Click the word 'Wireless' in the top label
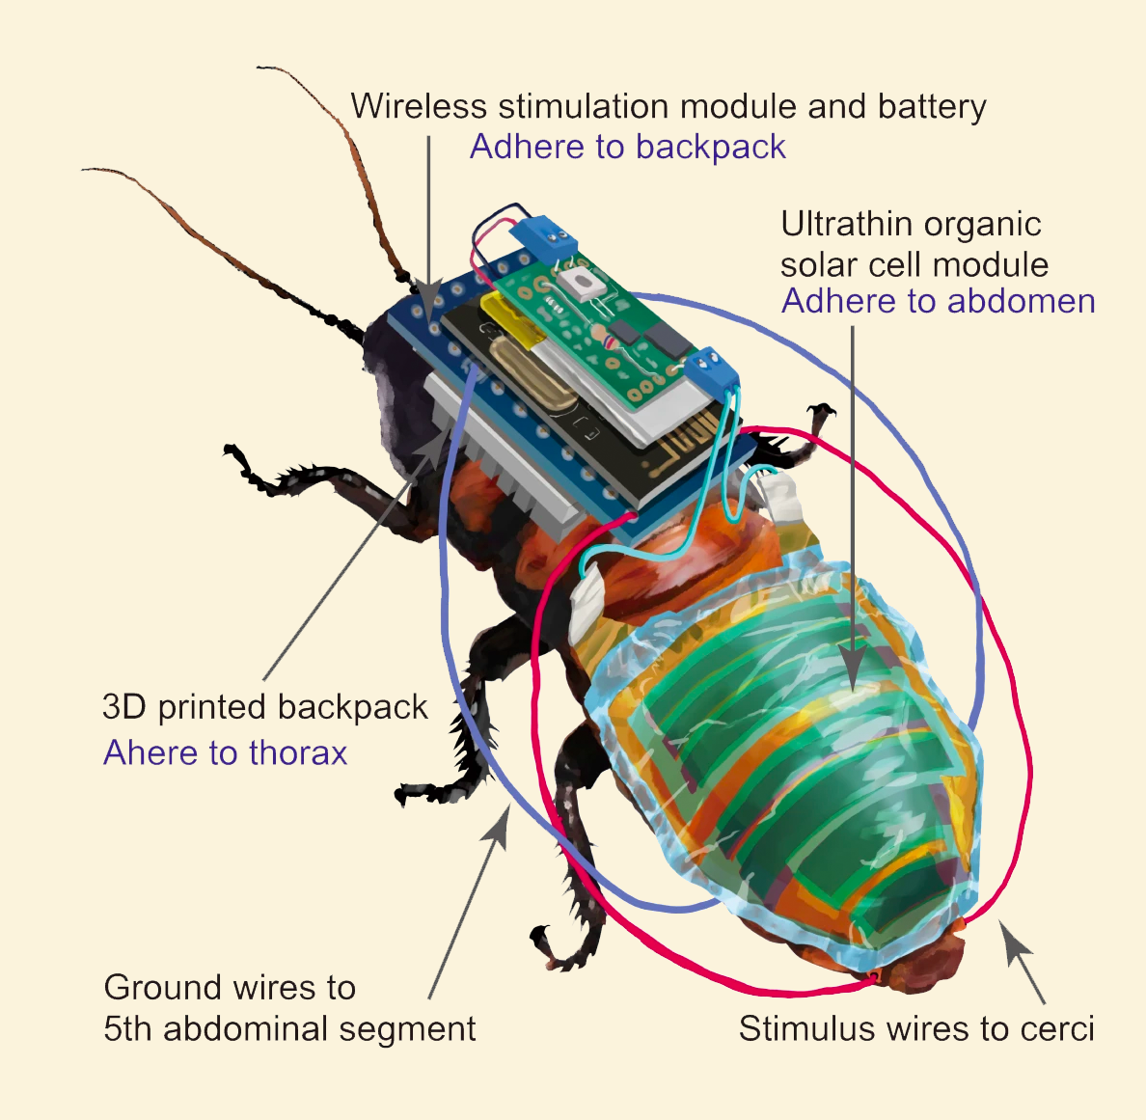pyautogui.click(x=418, y=106)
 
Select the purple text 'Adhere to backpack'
pyautogui.click(x=628, y=147)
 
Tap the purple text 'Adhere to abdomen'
pyautogui.click(x=939, y=301)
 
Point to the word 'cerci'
pyautogui.click(x=1057, y=1028)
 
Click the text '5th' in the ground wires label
pyautogui.click(x=128, y=1028)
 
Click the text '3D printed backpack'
pyautogui.click(x=265, y=707)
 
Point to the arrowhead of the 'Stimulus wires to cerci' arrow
pyautogui.click(x=1015, y=939)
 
